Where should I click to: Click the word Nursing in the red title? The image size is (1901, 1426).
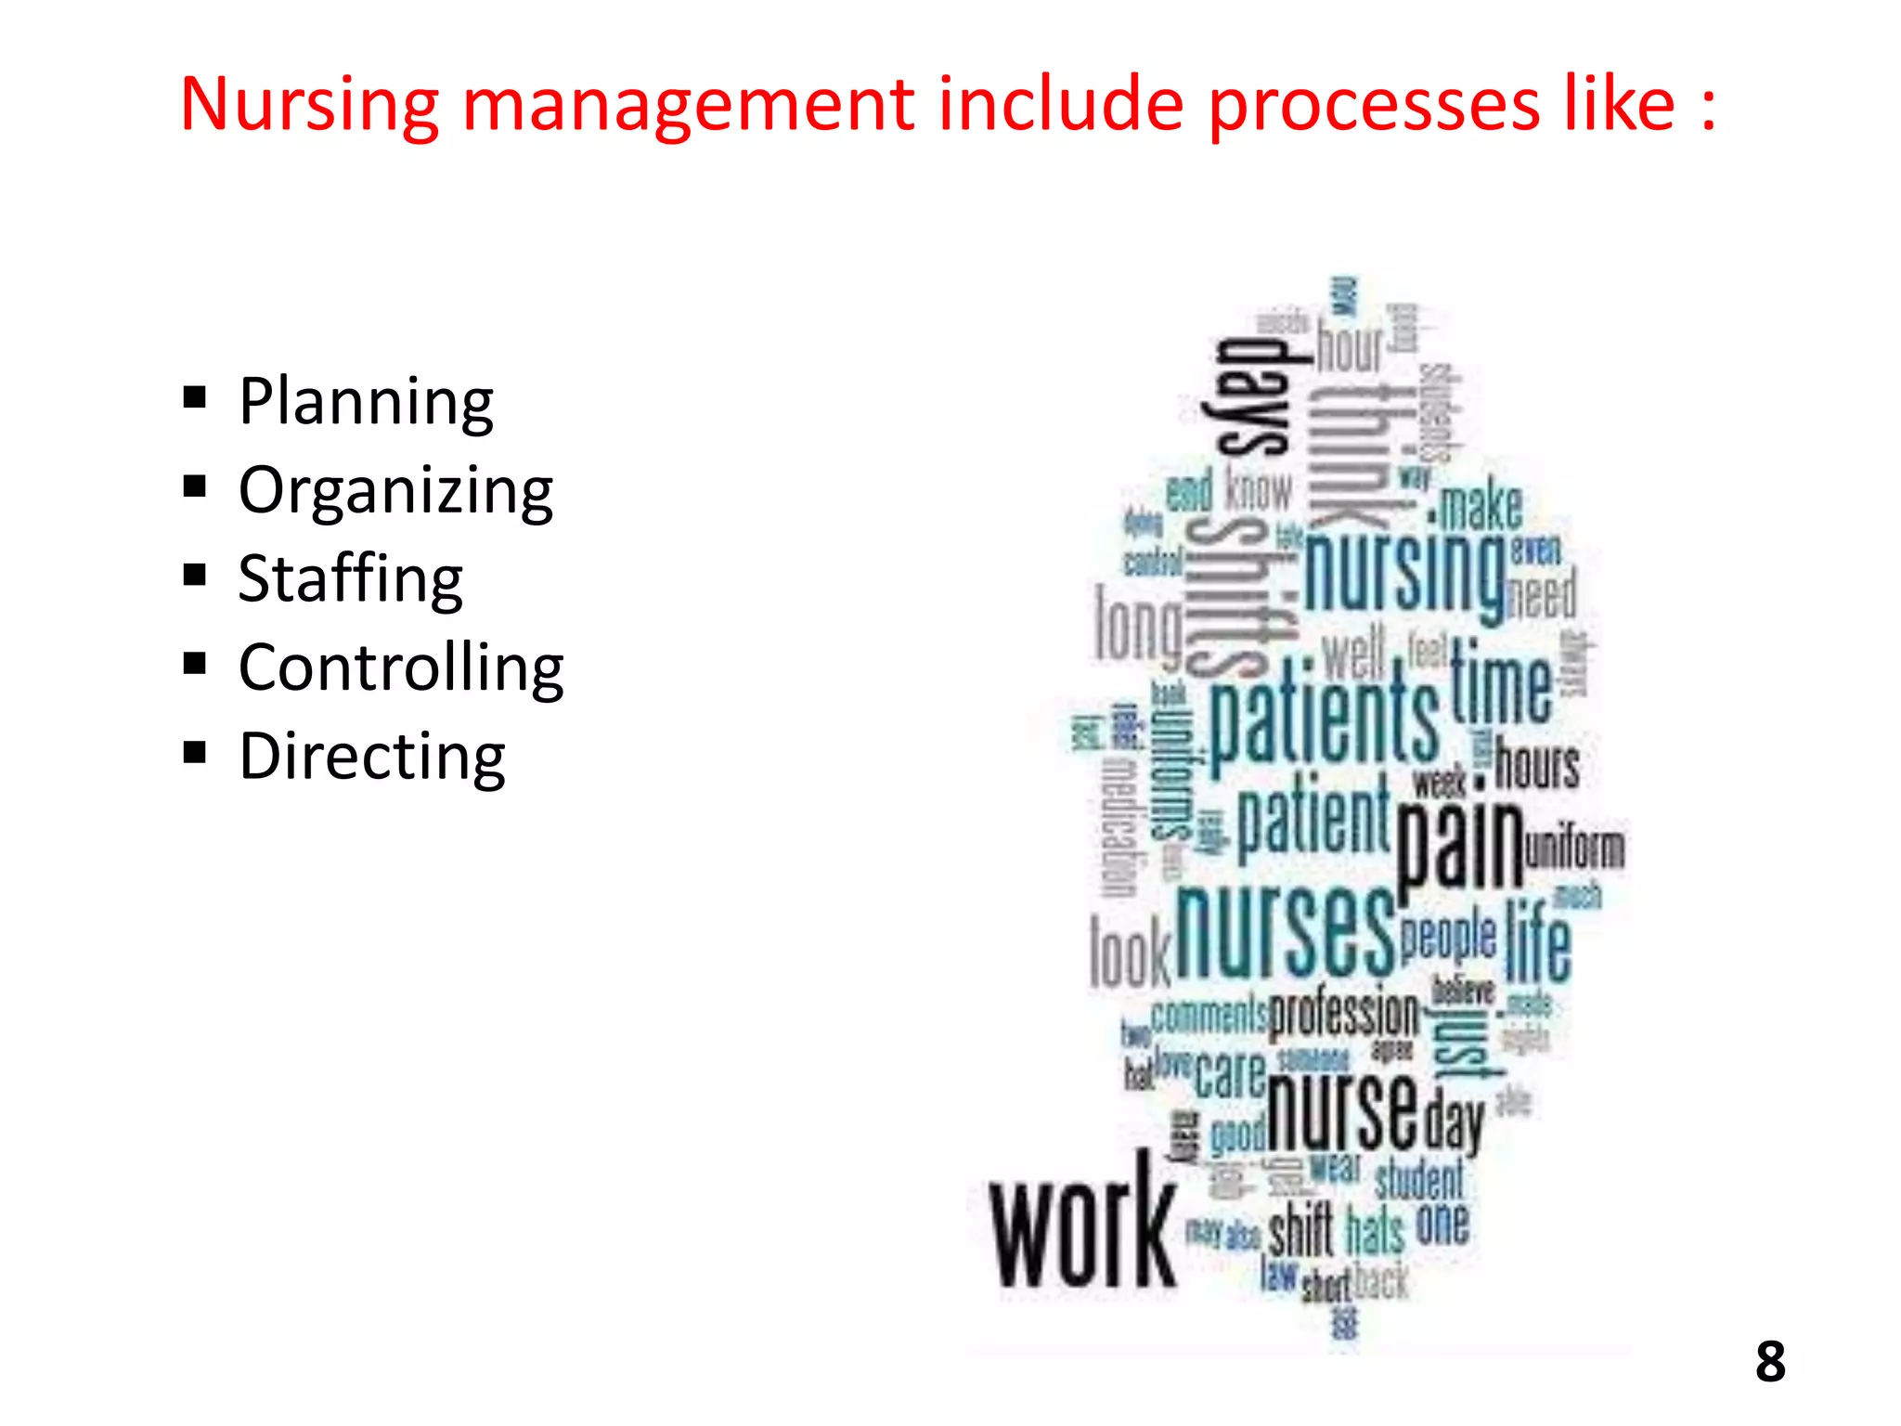click(x=309, y=105)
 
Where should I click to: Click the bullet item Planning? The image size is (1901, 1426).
click(x=366, y=401)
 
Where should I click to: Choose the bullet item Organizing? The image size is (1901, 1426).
click(x=395, y=490)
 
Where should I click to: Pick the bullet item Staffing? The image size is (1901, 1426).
click(x=350, y=578)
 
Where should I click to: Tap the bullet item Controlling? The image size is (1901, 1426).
click(x=401, y=668)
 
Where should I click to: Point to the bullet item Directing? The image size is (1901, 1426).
click(x=371, y=757)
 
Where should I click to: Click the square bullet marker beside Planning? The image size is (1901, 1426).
click(x=195, y=398)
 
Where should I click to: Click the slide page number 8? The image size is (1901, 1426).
click(x=1770, y=1362)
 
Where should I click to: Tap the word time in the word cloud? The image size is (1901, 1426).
click(x=1501, y=682)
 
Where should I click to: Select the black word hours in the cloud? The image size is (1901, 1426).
click(x=1536, y=766)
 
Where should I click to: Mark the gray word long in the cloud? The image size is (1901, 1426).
click(x=1138, y=625)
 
